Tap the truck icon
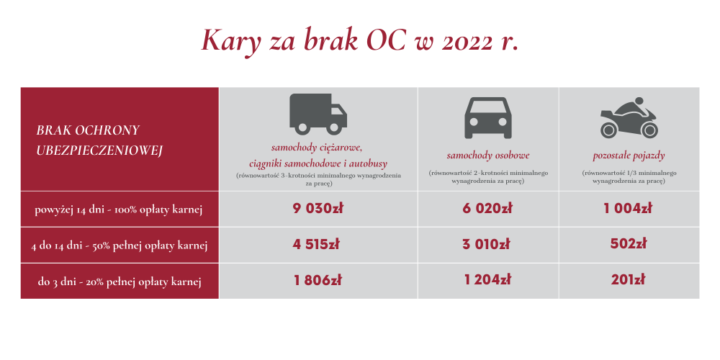click(318, 114)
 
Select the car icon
click(488, 118)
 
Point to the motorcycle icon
click(629, 117)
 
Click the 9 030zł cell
click(318, 209)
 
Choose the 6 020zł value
click(487, 209)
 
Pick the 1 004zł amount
click(628, 209)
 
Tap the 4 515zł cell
click(316, 244)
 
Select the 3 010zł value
click(486, 244)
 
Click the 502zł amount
click(628, 244)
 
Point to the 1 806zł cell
click(318, 280)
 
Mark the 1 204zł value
click(487, 280)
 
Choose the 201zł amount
click(628, 280)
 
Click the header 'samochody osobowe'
click(488, 156)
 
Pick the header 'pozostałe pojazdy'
click(629, 156)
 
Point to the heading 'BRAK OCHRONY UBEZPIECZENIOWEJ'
click(99, 140)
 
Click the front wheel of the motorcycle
click(649, 130)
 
